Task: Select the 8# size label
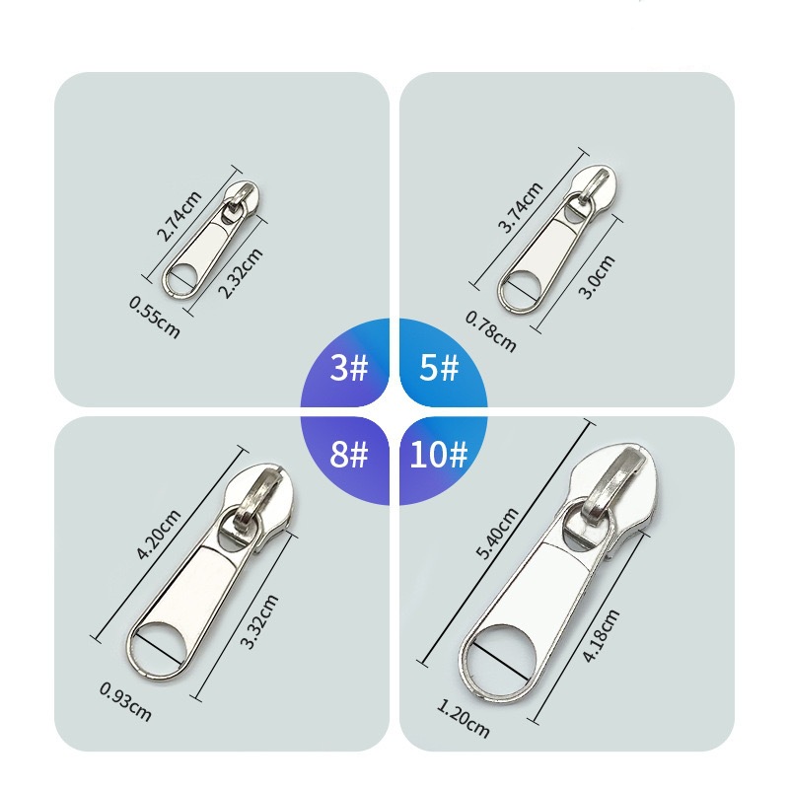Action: (349, 454)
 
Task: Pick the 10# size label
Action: (439, 454)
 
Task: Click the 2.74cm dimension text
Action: (179, 216)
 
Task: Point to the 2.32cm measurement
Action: (241, 273)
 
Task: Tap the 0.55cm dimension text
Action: (155, 317)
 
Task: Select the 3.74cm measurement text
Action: (521, 207)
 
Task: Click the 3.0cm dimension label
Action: (597, 277)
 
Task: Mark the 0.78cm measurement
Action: (490, 331)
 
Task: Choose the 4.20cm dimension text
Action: (159, 534)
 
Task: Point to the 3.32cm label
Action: (258, 621)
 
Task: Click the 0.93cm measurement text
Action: (125, 701)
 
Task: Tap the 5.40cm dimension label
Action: (497, 534)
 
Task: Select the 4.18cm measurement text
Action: (601, 635)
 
